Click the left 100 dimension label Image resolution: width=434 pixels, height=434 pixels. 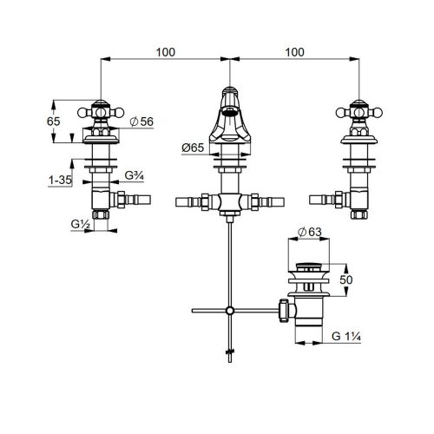pos(166,52)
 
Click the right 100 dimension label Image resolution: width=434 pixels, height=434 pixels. pos(294,52)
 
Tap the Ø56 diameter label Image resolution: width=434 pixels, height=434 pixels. pos(141,122)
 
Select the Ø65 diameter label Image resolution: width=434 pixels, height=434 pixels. pos(193,148)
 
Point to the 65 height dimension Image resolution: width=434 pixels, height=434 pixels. pos(54,122)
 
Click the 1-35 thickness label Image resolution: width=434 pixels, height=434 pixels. pos(60,180)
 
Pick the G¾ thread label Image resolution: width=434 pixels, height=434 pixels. pos(135,175)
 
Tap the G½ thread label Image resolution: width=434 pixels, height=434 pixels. pos(80,224)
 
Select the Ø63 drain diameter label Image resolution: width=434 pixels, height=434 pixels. pos(310,232)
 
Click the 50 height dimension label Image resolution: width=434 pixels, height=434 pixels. pos(346,279)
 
